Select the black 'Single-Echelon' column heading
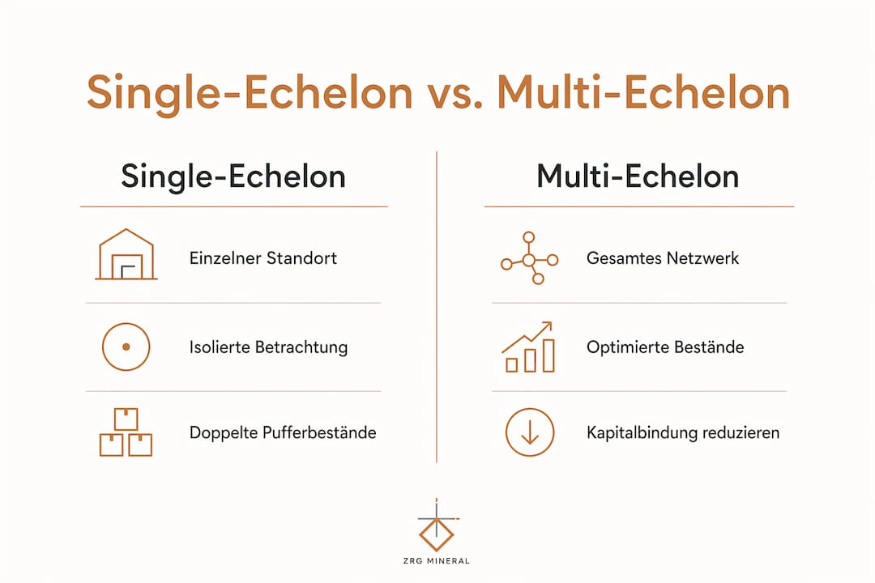click(x=233, y=177)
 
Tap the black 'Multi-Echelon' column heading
click(x=638, y=177)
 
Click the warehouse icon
click(x=126, y=254)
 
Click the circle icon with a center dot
click(x=126, y=347)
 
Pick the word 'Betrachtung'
click(x=301, y=347)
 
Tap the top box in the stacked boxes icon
click(x=126, y=419)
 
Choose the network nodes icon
click(x=529, y=257)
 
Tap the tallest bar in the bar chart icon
click(x=548, y=355)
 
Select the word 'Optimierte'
click(x=626, y=347)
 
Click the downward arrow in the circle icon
click(x=530, y=432)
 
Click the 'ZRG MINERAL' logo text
click(x=437, y=560)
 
